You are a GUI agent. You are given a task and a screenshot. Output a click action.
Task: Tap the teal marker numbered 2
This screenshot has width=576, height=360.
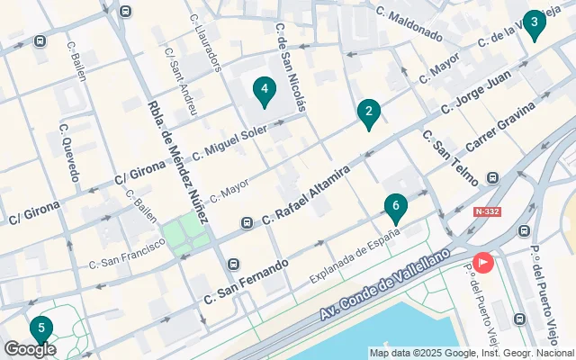point(367,114)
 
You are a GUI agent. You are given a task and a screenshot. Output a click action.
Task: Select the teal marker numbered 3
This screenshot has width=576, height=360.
point(535,24)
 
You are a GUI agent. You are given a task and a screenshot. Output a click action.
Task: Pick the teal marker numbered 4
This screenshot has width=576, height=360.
point(264,90)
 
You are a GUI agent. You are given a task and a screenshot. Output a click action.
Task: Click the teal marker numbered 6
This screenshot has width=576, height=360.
point(395,209)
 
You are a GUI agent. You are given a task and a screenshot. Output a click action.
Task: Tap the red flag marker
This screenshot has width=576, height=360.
point(484,263)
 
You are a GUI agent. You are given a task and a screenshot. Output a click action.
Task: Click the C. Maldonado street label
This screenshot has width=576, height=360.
point(409,25)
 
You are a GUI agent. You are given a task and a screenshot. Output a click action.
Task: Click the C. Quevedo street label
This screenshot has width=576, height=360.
point(67,148)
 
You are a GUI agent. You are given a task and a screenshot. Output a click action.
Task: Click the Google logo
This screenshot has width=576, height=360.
point(30,349)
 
